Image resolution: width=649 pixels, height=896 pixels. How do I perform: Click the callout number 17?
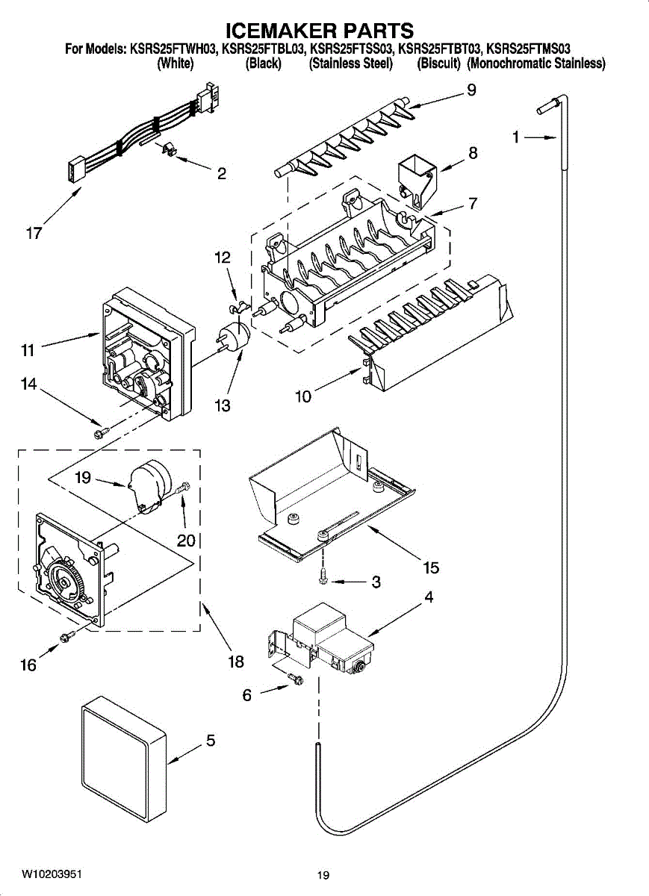coord(34,234)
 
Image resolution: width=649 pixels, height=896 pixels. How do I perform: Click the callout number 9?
coord(471,90)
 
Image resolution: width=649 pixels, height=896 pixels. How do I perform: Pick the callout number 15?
coord(431,567)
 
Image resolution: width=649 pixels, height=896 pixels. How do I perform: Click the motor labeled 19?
coord(147,487)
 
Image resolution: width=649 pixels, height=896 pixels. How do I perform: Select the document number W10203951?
coord(52,874)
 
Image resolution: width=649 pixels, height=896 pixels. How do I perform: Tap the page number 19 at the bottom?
coord(323,875)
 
